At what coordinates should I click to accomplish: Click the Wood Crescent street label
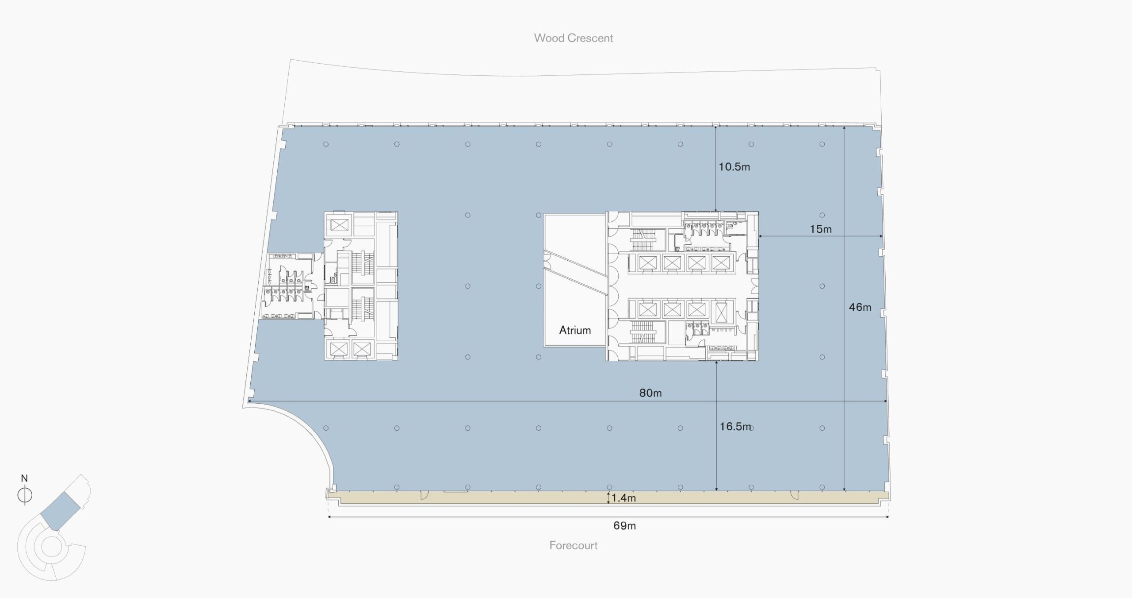click(573, 38)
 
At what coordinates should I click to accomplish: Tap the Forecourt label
click(573, 545)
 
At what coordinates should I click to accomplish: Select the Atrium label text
click(575, 330)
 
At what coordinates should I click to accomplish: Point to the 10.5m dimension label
click(734, 167)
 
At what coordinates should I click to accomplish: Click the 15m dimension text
click(821, 229)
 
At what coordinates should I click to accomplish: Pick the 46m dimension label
click(860, 307)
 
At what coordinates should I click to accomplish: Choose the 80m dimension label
click(650, 393)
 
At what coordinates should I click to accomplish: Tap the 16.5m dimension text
click(735, 427)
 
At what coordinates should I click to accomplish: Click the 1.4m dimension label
click(623, 498)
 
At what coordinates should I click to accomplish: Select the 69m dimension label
click(624, 526)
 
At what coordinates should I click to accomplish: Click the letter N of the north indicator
click(24, 478)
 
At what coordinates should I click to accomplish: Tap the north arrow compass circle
click(25, 495)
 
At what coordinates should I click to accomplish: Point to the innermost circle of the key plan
click(51, 547)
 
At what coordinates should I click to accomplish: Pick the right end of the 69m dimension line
click(888, 517)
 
